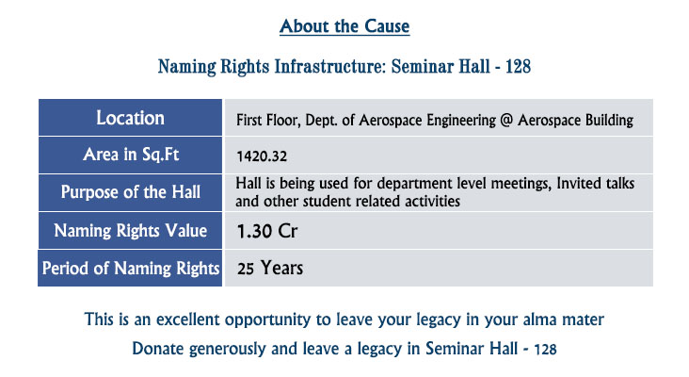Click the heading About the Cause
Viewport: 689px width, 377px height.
tap(344, 26)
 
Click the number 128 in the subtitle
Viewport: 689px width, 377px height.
tap(518, 66)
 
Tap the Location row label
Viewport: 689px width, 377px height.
tap(131, 118)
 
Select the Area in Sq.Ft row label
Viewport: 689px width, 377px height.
tap(131, 155)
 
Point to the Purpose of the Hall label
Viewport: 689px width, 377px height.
tap(131, 192)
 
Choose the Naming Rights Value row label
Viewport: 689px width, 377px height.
tap(131, 231)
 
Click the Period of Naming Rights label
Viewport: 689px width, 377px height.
tap(131, 269)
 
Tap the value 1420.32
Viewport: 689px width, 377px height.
tap(262, 156)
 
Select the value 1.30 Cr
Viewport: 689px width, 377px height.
tap(267, 231)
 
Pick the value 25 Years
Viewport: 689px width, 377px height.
tap(270, 268)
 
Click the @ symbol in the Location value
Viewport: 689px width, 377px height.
tap(506, 120)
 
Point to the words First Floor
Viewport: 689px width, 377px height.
tap(268, 120)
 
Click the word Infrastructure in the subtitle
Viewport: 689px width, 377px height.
tap(330, 66)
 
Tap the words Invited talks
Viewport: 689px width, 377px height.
tap(596, 183)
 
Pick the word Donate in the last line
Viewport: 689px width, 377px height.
tap(158, 349)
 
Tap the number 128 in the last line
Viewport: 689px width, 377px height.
tap(545, 350)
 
